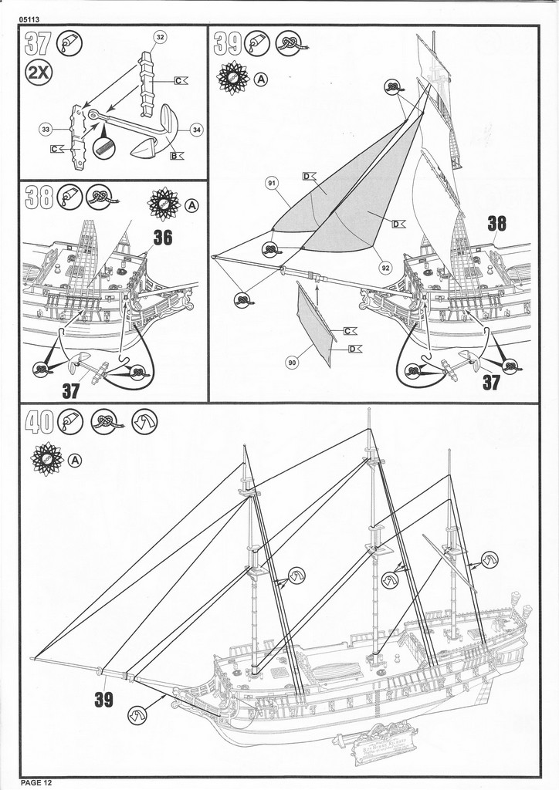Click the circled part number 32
pos(161,37)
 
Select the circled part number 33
pos(46,130)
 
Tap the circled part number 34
pos(196,130)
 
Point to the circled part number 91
pos(272,183)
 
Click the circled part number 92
pos(385,268)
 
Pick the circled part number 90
pos(292,361)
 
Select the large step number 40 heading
pos(39,421)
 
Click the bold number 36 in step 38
pos(162,238)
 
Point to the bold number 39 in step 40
pos(103,699)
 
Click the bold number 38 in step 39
pos(496,225)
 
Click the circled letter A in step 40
pos(74,461)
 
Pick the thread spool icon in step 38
pos(163,204)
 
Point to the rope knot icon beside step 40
pos(106,421)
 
